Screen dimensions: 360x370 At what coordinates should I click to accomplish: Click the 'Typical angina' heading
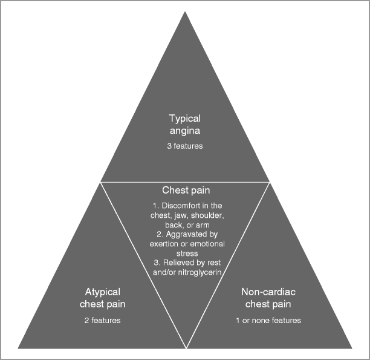tap(185, 123)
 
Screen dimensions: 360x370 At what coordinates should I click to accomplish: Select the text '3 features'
tap(185, 146)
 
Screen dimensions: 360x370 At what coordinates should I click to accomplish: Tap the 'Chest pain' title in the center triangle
tap(185, 191)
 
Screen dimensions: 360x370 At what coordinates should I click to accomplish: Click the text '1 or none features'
tap(268, 320)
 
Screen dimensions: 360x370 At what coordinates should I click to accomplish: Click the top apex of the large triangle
tap(185, 12)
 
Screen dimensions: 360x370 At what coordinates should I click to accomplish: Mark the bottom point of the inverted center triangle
tap(185, 346)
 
